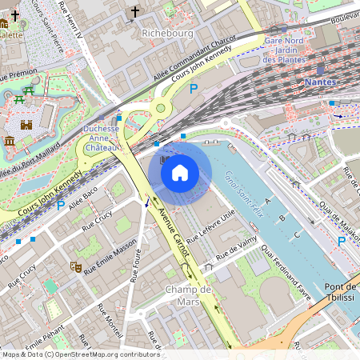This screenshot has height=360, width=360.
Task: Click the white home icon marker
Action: coord(180,172)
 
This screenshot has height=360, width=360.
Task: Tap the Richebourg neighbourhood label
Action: coord(167,33)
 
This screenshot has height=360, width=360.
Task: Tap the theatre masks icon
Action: coord(76,266)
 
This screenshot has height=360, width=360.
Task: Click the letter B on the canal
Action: coord(282,217)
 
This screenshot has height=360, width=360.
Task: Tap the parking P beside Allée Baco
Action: coord(61,205)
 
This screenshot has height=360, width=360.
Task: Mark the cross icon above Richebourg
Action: coord(134,11)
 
